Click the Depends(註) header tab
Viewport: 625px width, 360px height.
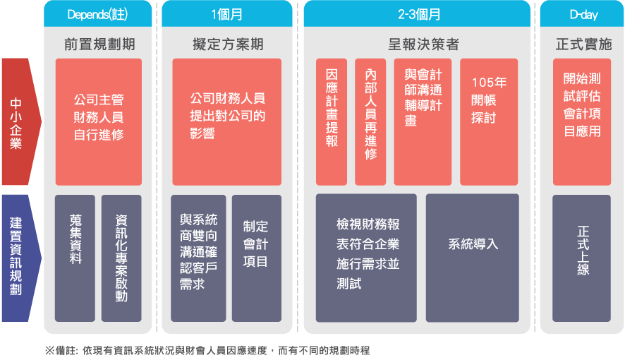[99, 14]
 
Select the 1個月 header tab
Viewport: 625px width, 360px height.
[227, 14]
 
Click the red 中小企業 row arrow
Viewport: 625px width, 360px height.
[19, 123]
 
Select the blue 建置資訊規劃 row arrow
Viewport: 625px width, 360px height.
[19, 258]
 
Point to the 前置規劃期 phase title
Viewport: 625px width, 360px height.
[99, 44]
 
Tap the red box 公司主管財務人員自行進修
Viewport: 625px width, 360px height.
[99, 121]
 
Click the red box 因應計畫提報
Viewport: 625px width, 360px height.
[332, 121]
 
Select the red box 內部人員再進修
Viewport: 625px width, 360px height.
[370, 121]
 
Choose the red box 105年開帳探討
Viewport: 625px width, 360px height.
[488, 121]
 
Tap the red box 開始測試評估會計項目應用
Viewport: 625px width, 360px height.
[582, 121]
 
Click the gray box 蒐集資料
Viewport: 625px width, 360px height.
[75, 258]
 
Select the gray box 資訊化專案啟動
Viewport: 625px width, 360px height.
[121, 258]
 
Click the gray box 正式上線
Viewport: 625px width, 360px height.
[582, 258]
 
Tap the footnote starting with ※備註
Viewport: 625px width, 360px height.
[207, 351]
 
